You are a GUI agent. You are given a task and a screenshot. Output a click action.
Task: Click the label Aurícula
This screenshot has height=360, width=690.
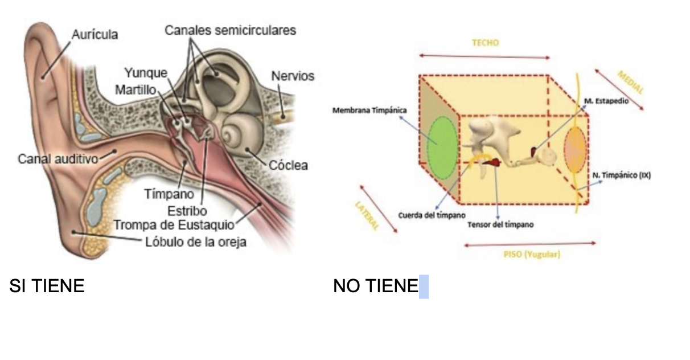tap(95, 34)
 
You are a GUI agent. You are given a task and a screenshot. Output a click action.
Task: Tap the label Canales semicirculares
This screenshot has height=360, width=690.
tap(230, 30)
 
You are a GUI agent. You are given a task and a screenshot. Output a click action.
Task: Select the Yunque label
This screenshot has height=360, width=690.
tap(146, 72)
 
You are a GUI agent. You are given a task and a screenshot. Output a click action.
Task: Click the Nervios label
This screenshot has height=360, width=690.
tap(293, 76)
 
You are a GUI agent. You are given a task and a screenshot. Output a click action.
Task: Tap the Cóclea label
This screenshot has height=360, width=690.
tap(289, 165)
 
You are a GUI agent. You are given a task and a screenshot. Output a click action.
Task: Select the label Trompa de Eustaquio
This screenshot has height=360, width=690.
tap(174, 224)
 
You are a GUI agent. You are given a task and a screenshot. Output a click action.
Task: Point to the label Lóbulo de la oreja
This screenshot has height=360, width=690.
tap(195, 242)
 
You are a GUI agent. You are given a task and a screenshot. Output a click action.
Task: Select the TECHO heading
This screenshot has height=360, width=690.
tap(485, 43)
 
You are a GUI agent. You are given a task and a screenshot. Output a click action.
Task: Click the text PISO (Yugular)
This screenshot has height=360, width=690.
tap(532, 254)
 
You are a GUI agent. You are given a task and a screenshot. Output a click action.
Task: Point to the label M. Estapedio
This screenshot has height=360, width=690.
tap(606, 100)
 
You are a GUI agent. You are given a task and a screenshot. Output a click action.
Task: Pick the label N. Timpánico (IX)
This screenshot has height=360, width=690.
tap(621, 175)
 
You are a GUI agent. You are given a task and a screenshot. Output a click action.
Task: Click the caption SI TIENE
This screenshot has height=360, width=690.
tap(47, 286)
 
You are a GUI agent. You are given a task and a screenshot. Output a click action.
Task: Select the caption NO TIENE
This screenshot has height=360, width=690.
tap(376, 286)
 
